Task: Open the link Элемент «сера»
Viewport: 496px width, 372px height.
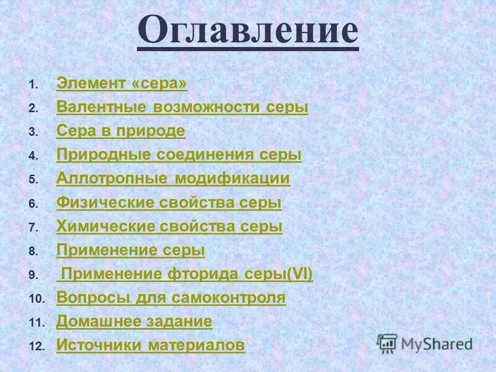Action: tap(122, 83)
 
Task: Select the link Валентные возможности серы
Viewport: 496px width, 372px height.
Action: tap(182, 107)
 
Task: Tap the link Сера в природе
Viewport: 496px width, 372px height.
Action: tap(120, 131)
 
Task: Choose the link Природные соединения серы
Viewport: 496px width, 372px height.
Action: tap(179, 155)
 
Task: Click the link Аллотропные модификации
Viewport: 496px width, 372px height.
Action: tap(173, 179)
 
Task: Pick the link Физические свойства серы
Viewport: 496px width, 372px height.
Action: tap(169, 203)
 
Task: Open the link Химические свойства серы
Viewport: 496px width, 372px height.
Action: tap(169, 226)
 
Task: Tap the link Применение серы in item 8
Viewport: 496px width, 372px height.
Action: tap(130, 250)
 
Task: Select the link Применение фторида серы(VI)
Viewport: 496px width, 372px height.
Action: tap(187, 274)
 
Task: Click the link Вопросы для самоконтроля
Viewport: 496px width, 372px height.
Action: tap(170, 298)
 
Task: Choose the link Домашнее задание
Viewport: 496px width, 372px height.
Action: tap(134, 322)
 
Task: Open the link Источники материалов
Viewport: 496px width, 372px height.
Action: tap(150, 345)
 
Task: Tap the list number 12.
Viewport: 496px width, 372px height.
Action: tap(37, 347)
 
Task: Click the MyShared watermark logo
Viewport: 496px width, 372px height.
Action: tap(425, 343)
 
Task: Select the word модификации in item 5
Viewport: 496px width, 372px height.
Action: tap(232, 179)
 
